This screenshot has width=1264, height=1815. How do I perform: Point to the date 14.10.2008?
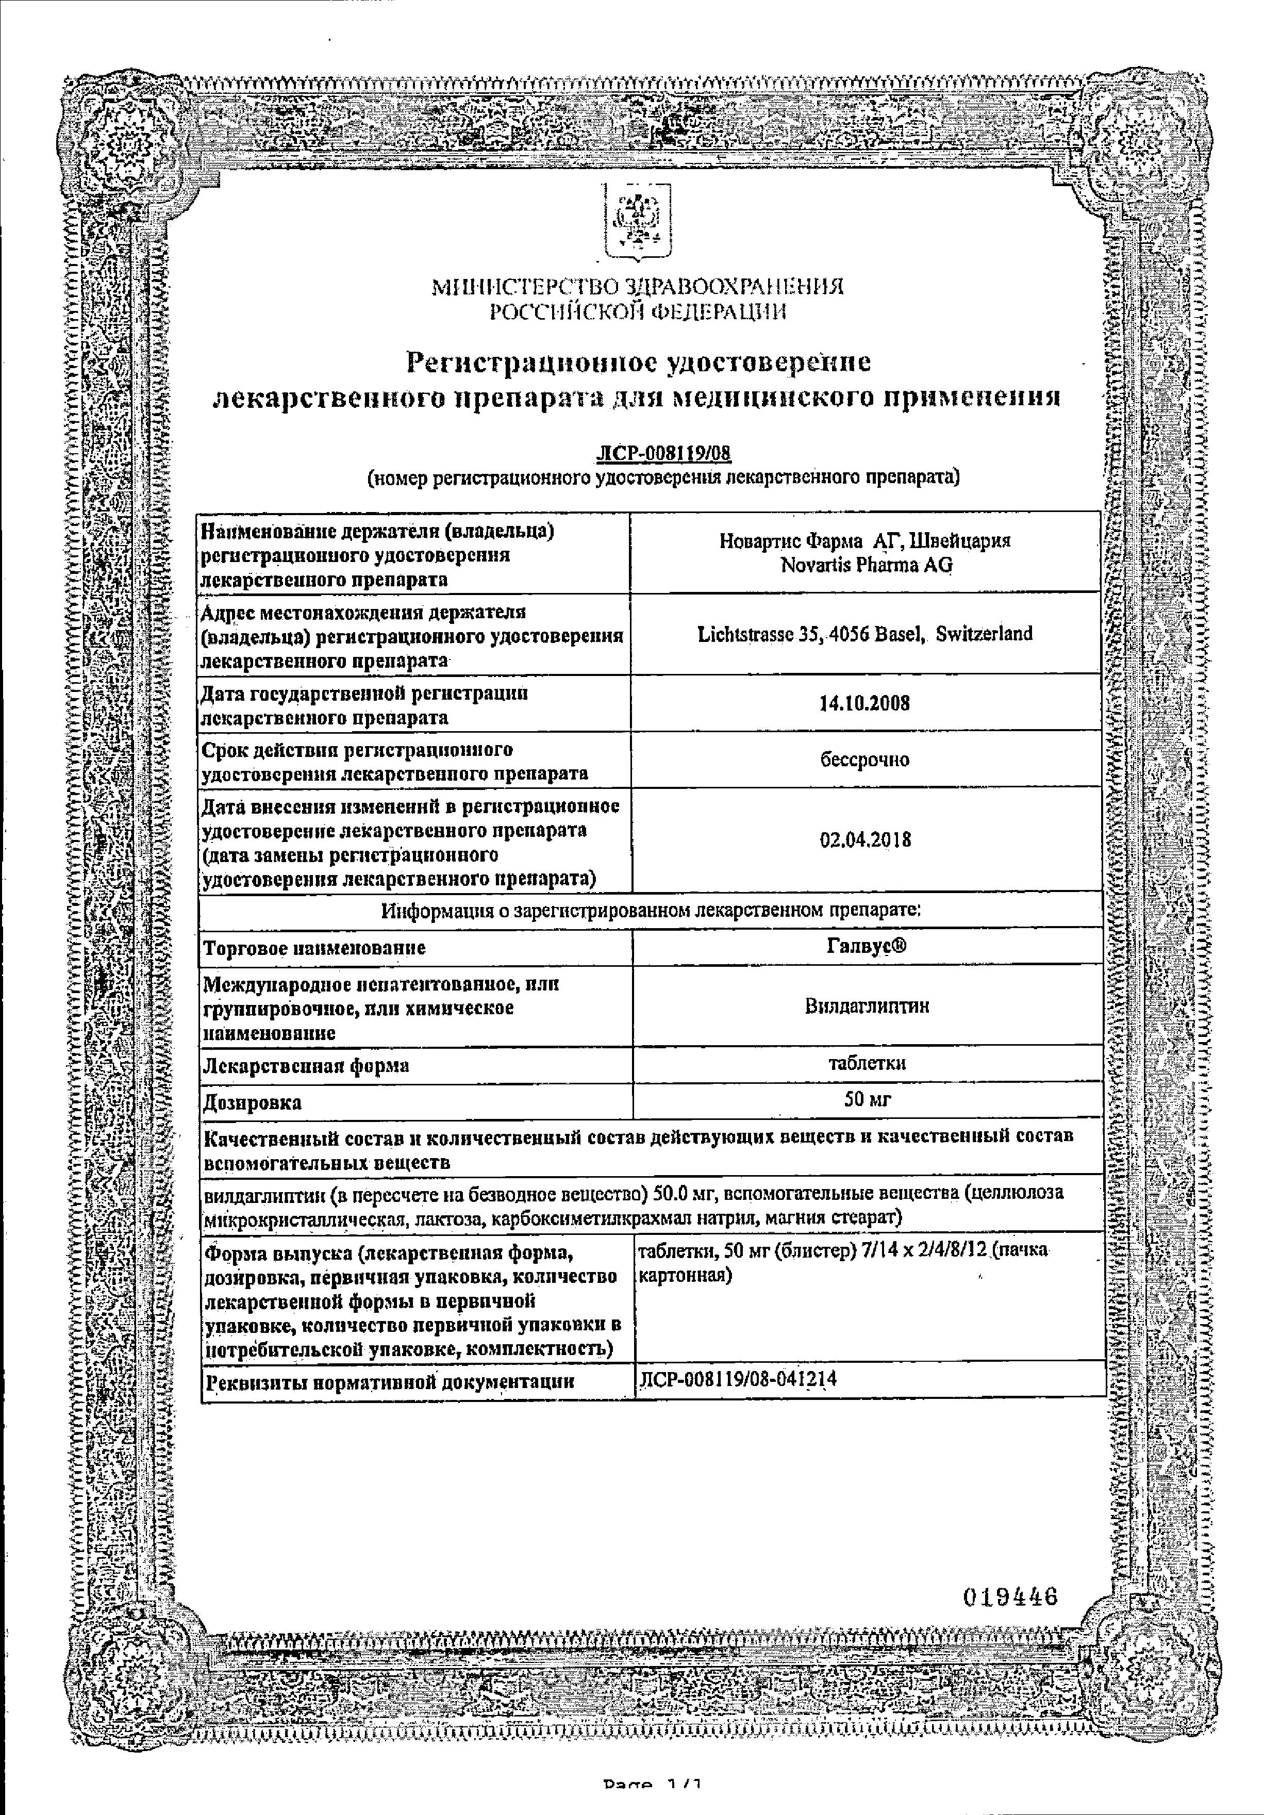click(x=865, y=703)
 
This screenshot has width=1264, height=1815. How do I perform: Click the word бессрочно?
click(x=865, y=760)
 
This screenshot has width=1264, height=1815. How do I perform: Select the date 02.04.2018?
click(x=866, y=839)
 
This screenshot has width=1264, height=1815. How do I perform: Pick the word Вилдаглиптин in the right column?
click(x=867, y=1005)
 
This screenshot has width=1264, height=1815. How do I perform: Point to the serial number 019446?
click(x=1009, y=1591)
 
